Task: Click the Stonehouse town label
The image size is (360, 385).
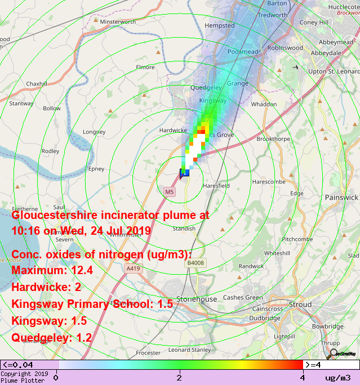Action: click(x=197, y=299)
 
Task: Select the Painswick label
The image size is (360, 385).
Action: click(x=341, y=198)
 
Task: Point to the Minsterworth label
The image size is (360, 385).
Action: click(x=118, y=22)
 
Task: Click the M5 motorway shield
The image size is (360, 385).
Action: click(x=170, y=192)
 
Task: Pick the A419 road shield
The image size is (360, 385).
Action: click(x=133, y=268)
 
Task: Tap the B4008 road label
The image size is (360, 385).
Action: click(x=195, y=262)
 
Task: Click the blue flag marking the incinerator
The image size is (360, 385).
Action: click(x=183, y=173)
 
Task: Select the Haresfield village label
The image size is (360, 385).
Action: click(x=216, y=185)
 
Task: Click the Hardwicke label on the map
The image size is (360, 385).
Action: click(x=173, y=131)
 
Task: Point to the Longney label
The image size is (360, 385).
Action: click(x=94, y=132)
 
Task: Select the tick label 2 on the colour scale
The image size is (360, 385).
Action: click(x=179, y=377)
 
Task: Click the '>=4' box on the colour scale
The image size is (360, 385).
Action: click(x=314, y=364)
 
